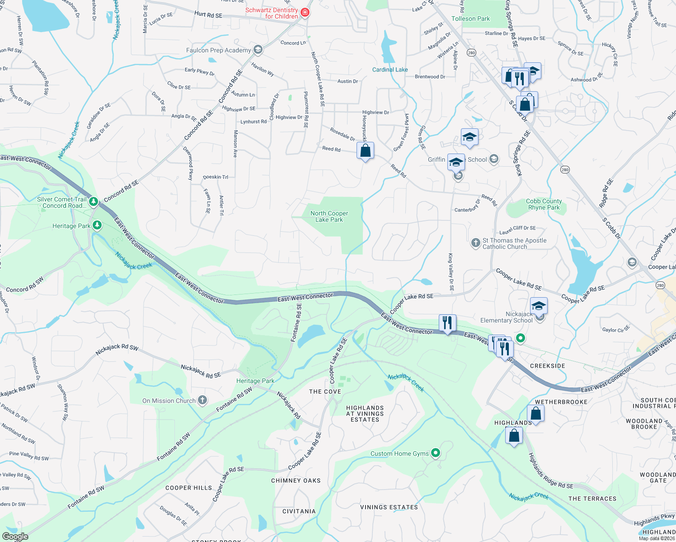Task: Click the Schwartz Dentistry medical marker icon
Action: [x=305, y=13]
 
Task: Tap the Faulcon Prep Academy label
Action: [x=218, y=50]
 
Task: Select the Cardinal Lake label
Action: [x=390, y=70]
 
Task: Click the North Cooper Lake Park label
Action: [x=329, y=216]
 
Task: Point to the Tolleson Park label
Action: [x=470, y=19]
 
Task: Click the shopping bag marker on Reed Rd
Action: [x=365, y=150]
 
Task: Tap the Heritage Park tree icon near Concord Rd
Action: [x=97, y=225]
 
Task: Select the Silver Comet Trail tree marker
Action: [x=93, y=201]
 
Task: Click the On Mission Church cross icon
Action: [x=202, y=400]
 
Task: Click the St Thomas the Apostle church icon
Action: [x=475, y=243]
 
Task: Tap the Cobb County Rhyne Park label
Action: [x=544, y=204]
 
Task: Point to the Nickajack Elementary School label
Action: [x=507, y=317]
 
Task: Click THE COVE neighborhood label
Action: [x=325, y=392]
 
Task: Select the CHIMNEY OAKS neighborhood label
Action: [x=296, y=481]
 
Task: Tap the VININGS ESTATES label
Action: [x=389, y=507]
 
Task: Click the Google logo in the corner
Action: [x=15, y=537]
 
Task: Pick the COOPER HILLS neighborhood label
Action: [x=188, y=488]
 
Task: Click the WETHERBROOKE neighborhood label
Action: [x=561, y=402]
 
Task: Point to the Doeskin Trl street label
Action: [x=216, y=177]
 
